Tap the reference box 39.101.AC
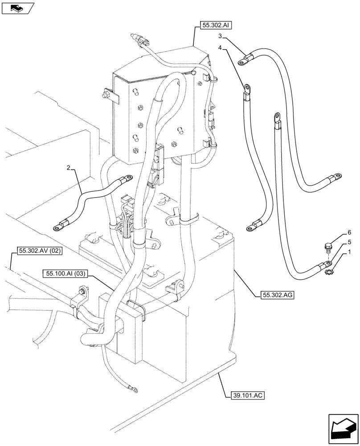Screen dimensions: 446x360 (249, 395)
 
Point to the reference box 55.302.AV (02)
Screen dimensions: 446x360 (40, 251)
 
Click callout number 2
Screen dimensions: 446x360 (68, 168)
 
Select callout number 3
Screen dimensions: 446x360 (220, 36)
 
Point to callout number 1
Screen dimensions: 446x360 (349, 252)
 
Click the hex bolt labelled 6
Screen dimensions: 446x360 (328, 246)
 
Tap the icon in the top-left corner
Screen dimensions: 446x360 (18, 8)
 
